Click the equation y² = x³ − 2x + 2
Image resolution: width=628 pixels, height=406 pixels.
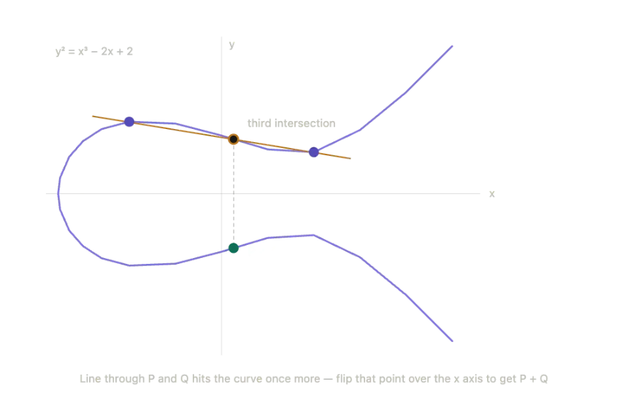pos(94,51)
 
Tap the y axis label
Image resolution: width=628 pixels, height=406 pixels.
pos(232,44)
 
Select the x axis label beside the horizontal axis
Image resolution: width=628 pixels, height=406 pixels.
pos(492,194)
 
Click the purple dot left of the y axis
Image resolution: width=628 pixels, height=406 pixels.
pos(129,122)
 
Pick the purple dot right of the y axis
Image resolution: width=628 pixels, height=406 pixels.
pos(313,152)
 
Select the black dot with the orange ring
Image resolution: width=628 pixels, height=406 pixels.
pos(234,139)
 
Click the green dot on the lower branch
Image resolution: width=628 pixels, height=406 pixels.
pos(234,248)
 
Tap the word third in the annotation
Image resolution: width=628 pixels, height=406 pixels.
pos(259,123)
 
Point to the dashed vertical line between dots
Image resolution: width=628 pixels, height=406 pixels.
pos(234,194)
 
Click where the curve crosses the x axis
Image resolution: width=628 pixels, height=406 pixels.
pos(58,193)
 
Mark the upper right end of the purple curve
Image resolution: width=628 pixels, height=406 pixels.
pos(452,47)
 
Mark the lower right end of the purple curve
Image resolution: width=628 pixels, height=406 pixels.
pos(452,341)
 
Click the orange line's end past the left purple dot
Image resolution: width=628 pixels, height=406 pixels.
pos(93,117)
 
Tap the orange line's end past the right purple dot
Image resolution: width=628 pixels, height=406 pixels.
pos(351,158)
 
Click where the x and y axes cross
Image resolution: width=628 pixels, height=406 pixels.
pos(221,193)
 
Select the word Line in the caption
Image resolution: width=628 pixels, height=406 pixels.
pos(91,378)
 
